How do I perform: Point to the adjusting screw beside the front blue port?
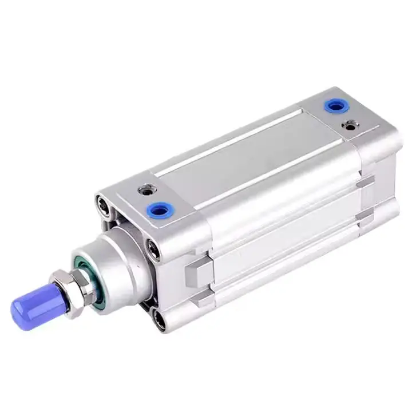(x=146, y=187)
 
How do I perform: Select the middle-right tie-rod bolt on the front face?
(x=153, y=249)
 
